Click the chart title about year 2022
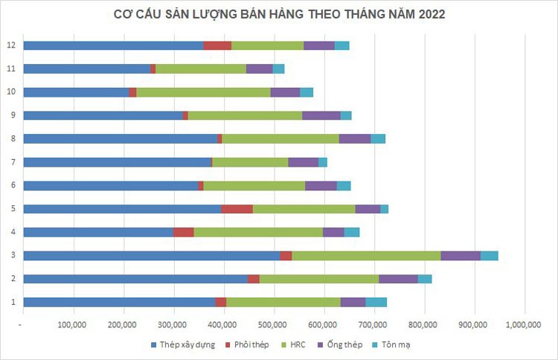[280, 14]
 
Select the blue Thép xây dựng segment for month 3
[151, 255]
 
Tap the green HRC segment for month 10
[203, 92]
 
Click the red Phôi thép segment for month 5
[237, 208]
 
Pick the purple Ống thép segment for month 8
[354, 138]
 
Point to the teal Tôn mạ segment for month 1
[376, 301]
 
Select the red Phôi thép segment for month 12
[217, 45]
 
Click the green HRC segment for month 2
[318, 278]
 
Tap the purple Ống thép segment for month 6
[321, 185]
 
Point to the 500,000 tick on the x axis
[273, 324]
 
